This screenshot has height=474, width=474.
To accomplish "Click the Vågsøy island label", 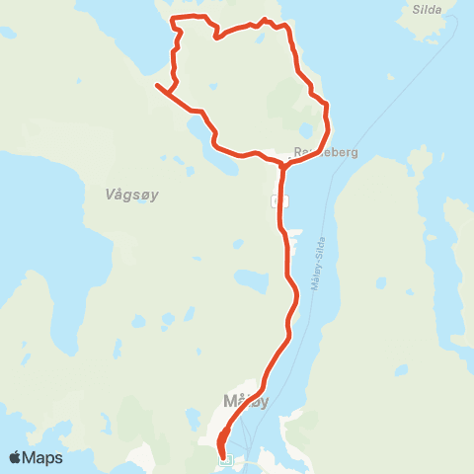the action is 131,196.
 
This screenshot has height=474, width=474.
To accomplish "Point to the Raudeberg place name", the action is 326,153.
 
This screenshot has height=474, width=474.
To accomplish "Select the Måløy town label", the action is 245,401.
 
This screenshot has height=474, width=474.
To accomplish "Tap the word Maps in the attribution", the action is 44,457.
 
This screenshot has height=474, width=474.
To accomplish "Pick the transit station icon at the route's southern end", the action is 225,457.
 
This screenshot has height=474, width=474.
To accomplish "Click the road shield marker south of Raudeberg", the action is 279,200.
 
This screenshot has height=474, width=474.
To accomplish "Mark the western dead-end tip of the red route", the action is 156,87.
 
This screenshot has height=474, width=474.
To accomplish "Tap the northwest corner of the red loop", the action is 173,20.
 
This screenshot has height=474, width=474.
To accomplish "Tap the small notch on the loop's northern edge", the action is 216,37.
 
